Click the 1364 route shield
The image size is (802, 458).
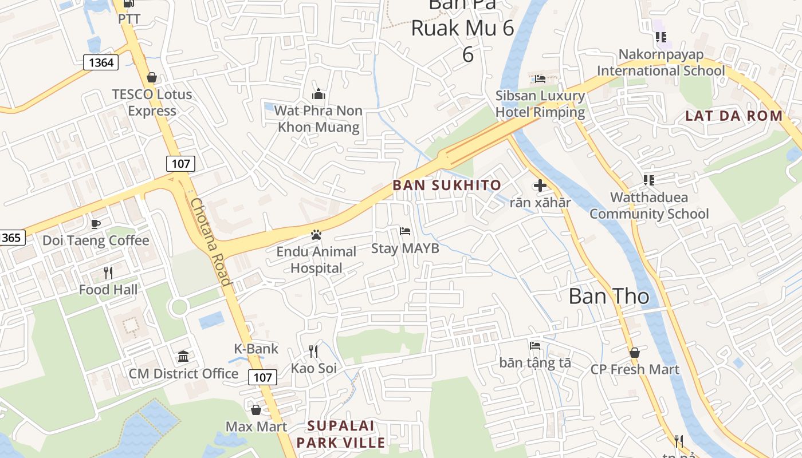tap(101, 62)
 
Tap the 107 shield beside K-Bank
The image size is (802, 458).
tap(262, 377)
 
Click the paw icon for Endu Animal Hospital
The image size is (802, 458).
tap(316, 235)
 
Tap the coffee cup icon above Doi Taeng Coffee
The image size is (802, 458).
tap(96, 224)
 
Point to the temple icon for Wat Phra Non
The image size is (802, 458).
tap(319, 94)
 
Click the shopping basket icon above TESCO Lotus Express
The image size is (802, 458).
tap(152, 77)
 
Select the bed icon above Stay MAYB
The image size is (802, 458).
tap(405, 231)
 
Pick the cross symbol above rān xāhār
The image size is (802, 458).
tap(540, 185)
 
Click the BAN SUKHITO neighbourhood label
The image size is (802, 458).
tap(447, 185)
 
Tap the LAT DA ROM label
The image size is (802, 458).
tap(734, 116)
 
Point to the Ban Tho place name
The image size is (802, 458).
tap(609, 297)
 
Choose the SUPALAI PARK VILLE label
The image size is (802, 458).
tap(341, 434)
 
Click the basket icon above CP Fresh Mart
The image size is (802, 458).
tap(634, 353)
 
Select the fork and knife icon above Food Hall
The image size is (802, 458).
tap(108, 273)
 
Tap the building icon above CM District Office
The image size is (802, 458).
tap(183, 357)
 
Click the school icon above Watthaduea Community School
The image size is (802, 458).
tap(649, 180)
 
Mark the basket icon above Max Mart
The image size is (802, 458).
tap(256, 410)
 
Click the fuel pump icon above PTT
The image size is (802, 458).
tap(129, 4)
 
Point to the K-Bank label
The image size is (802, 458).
tap(256, 349)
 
